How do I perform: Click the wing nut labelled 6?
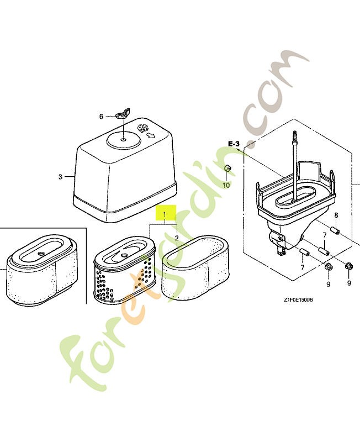pyautogui.click(x=123, y=115)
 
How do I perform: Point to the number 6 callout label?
pyautogui.click(x=101, y=117)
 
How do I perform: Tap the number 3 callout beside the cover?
pyautogui.click(x=60, y=177)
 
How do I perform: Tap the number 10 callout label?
pyautogui.click(x=226, y=185)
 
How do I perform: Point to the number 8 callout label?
pyautogui.click(x=335, y=214)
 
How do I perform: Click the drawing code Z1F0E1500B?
pyautogui.click(x=298, y=300)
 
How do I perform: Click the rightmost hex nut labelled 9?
pyautogui.click(x=349, y=268)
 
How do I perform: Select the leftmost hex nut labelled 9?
pyautogui.click(x=327, y=269)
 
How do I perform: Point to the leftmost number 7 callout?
pyautogui.click(x=302, y=267)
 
